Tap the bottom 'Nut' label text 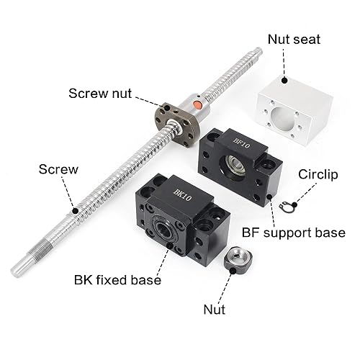pos(214,310)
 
